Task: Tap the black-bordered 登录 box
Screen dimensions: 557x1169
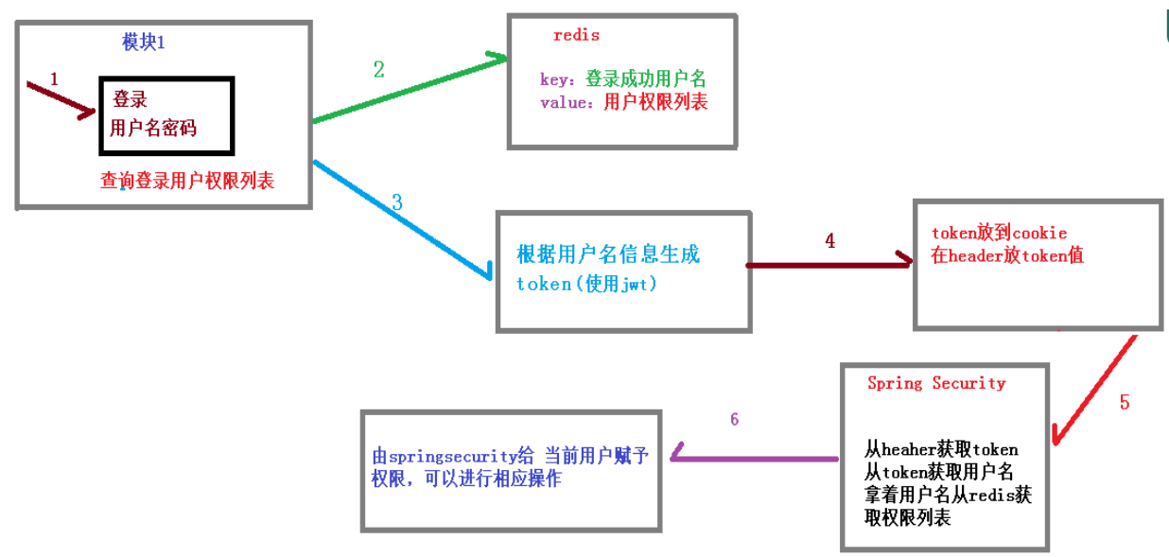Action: click(166, 115)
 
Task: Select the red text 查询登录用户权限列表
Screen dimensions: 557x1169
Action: click(187, 181)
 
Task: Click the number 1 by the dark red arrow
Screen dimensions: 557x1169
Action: click(54, 79)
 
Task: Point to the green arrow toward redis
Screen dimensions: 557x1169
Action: click(407, 90)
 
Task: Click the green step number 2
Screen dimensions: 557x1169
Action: click(378, 69)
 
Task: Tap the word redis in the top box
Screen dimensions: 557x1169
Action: click(576, 36)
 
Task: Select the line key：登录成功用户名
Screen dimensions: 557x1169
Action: click(622, 79)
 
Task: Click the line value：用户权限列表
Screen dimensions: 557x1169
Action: click(623, 102)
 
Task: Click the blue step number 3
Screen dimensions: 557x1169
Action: click(396, 201)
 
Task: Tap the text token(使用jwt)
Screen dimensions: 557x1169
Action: click(586, 283)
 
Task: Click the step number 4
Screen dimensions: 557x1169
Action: click(829, 241)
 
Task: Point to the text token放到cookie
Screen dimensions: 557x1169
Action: click(999, 233)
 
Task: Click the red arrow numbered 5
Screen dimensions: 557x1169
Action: click(1095, 388)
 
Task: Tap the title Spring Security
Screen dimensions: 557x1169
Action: click(935, 383)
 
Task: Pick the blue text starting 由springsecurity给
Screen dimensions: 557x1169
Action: click(511, 456)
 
